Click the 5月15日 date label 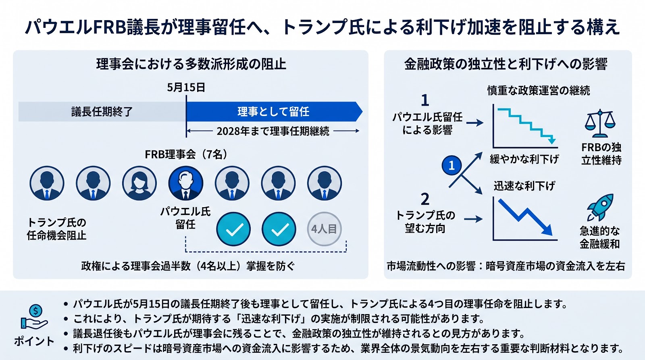tap(186, 87)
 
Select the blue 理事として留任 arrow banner tap(274, 111)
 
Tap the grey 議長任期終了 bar tap(102, 111)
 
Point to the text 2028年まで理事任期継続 tap(273, 131)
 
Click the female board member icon tap(139, 183)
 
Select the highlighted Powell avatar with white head tap(186, 183)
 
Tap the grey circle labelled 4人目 tap(324, 229)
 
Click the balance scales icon tap(600, 123)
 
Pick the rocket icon tap(600, 207)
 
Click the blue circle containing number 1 tap(451, 165)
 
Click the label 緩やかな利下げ tap(524, 159)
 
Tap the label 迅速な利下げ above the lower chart tap(524, 186)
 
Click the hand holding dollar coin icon tap(34, 317)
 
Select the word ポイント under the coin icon tap(34, 341)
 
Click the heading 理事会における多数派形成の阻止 tap(191, 64)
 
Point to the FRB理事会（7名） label tap(186, 155)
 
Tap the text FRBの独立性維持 tap(601, 154)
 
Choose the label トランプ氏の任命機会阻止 tap(57, 229)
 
